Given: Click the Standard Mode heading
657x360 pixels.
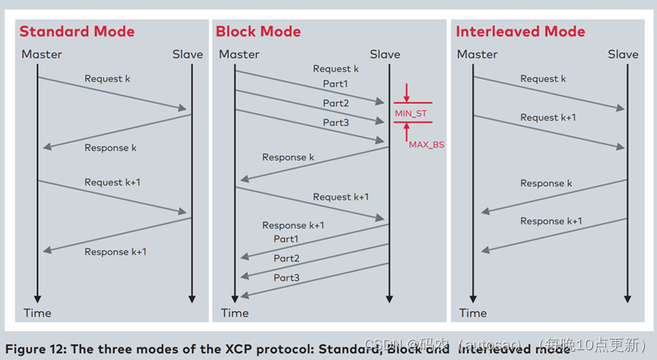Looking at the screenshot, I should pos(77,31).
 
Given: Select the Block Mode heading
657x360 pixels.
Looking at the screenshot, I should pos(258,31).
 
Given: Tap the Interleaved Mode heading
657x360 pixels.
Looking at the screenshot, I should pos(520,31).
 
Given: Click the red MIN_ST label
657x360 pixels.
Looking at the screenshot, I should pos(411,113).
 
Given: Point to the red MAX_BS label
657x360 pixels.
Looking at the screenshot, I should pos(426,144).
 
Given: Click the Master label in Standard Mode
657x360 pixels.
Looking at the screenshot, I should pos(42,54).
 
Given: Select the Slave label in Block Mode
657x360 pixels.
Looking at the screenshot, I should pos(385,54).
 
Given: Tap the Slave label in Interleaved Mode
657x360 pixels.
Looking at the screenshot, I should pos(623,54).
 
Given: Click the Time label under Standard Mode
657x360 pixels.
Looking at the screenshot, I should pos(37,312).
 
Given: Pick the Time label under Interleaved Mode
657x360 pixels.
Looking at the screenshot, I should pos(472,312).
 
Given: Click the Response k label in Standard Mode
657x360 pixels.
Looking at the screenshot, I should pos(110,148).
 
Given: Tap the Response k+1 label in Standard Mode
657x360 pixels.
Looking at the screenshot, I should pos(115,252).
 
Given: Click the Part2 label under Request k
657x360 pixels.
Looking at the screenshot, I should pos(336,103).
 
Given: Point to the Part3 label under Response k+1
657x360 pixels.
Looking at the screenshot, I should pos(286,278).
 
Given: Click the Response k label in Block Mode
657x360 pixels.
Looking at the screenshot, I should pos(288,157).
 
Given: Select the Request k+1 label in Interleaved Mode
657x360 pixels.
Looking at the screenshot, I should pos(548,118).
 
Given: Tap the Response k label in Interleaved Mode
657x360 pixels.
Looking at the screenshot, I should pos(542,183).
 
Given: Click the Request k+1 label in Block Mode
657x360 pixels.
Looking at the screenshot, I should pos(341,197).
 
